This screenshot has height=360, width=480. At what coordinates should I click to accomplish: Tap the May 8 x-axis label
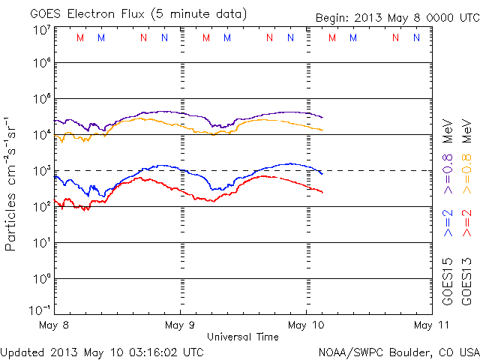pyautogui.click(x=55, y=325)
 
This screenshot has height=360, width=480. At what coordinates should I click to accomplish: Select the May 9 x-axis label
pyautogui.click(x=181, y=325)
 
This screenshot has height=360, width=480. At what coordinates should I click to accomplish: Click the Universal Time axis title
pyautogui.click(x=243, y=337)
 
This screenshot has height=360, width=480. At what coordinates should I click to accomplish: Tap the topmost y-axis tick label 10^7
pyautogui.click(x=41, y=29)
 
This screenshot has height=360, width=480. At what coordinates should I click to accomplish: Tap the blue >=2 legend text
pyautogui.click(x=448, y=223)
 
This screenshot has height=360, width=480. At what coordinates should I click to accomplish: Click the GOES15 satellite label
pyautogui.click(x=448, y=282)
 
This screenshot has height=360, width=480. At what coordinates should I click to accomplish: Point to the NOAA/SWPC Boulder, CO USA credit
pyautogui.click(x=397, y=352)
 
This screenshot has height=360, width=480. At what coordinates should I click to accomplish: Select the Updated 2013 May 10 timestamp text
pyautogui.click(x=102, y=352)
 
